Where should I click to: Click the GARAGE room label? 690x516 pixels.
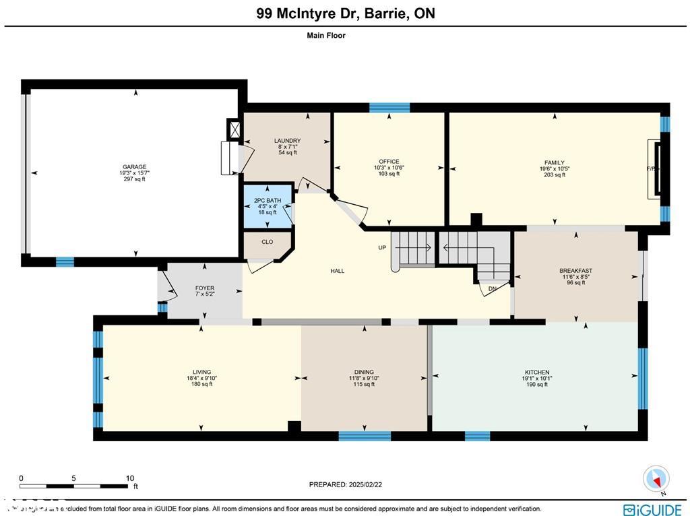coord(134,167)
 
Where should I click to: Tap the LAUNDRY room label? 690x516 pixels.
coord(287,141)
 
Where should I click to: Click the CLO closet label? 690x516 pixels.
coord(268,242)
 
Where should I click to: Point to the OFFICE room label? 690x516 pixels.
coord(389,162)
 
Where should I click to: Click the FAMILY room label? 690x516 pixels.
coord(555,162)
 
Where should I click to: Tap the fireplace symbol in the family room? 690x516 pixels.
coord(654,169)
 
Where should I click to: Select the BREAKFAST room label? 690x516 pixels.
coord(575,271)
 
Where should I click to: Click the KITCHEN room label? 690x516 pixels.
coord(537,373)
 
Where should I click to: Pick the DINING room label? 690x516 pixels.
coord(364,373)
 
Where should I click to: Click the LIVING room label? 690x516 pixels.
coord(201,373)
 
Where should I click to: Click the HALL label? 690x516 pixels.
coord(338,271)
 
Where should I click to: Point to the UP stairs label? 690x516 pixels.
coord(382,248)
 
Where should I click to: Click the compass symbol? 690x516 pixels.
coord(654,478)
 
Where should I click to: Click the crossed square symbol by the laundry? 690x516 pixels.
coord(234,129)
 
